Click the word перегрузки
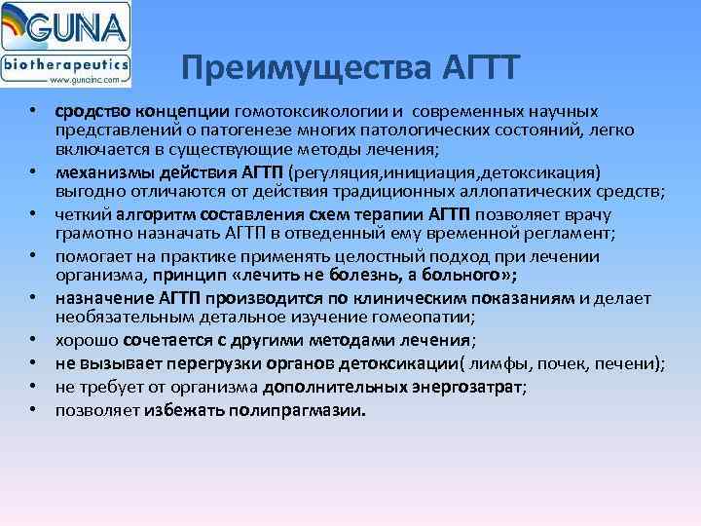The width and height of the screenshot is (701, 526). [x=215, y=364]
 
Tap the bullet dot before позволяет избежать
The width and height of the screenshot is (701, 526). [x=33, y=409]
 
